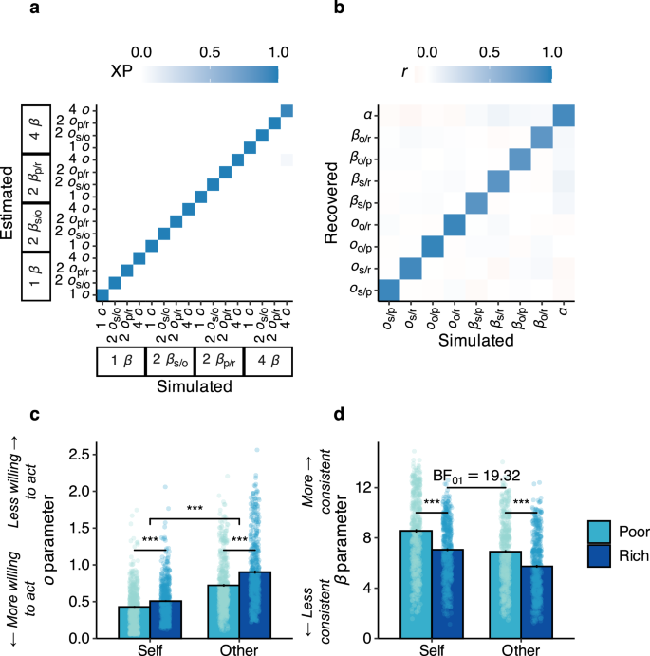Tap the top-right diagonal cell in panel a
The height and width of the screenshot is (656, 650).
pyautogui.click(x=287, y=112)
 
